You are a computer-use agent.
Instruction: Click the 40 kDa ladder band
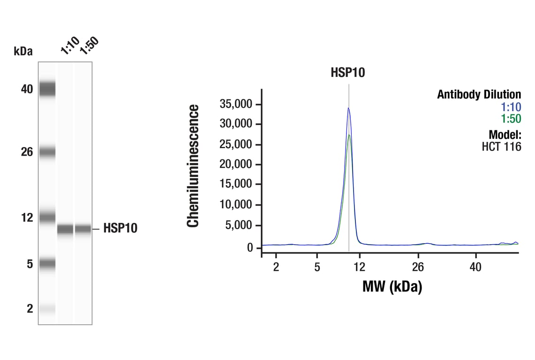pos(47,89)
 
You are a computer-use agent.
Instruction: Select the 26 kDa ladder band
pos(47,152)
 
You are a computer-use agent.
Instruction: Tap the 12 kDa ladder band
pos(47,217)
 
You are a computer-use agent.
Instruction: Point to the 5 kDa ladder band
pos(47,264)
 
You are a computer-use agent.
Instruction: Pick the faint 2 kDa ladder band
pos(47,308)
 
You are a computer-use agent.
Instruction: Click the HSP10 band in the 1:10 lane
pos(65,229)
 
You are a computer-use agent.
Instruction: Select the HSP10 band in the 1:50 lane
pos(83,229)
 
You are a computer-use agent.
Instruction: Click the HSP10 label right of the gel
pos(120,229)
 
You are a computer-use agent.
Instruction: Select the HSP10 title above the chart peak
pos(347,73)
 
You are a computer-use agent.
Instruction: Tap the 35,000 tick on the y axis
pos(237,104)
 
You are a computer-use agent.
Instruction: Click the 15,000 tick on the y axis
pos(237,185)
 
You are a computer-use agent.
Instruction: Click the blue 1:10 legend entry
pos(511,106)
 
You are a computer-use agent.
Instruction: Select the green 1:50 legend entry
pos(511,119)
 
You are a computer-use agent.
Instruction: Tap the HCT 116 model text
pos(501,147)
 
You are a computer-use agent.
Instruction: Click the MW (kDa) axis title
pos(392,286)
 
